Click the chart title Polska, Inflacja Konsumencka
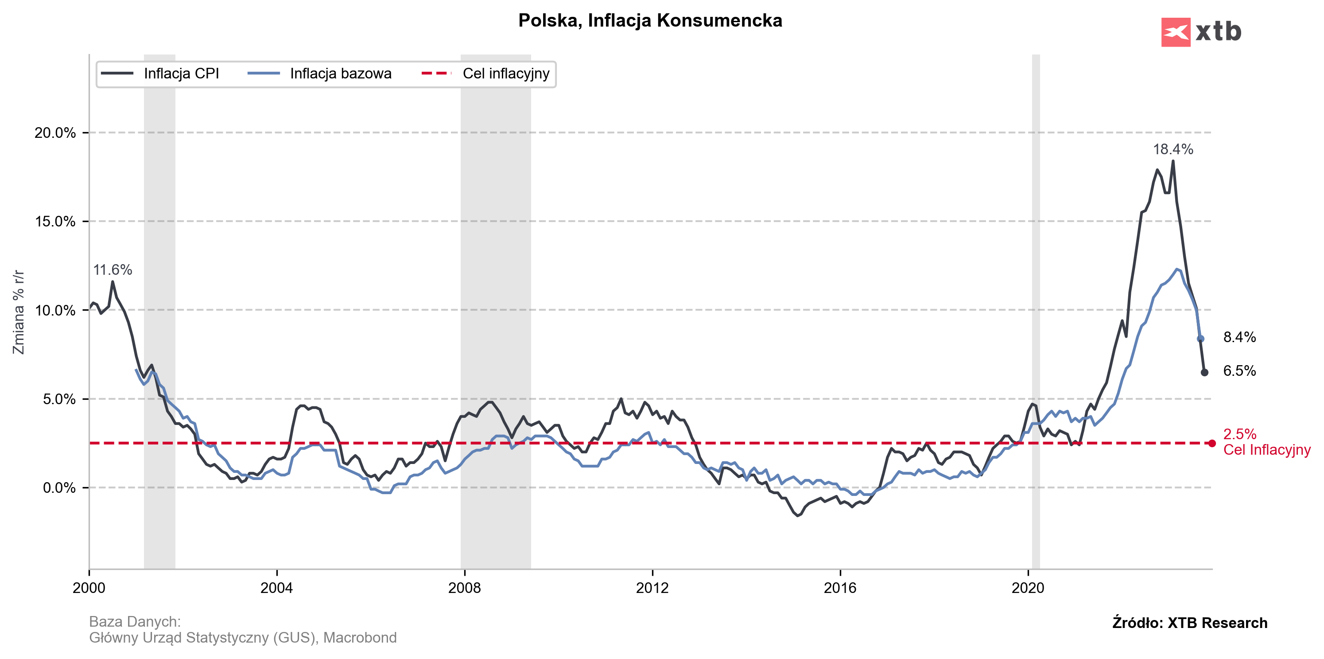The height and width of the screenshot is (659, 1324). click(650, 20)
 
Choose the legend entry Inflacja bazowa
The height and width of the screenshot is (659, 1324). click(340, 74)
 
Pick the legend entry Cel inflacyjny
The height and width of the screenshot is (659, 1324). click(506, 74)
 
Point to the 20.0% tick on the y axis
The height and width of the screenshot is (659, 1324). click(55, 133)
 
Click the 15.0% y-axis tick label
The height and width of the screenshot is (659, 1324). click(55, 222)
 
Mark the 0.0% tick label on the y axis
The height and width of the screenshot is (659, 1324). click(58, 488)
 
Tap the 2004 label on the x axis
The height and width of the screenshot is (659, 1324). click(276, 588)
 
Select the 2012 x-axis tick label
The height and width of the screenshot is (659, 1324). click(652, 588)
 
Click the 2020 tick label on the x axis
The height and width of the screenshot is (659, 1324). click(1028, 588)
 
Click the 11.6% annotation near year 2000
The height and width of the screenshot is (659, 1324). click(113, 270)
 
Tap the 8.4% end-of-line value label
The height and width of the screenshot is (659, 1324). click(1239, 337)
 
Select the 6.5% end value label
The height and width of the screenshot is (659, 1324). click(1239, 370)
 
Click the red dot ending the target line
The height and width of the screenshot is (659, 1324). click(1212, 443)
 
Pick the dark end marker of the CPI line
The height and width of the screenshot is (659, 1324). click(1204, 372)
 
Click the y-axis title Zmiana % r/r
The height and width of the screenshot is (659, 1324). click(19, 312)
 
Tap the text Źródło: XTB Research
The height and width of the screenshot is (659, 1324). click(1189, 623)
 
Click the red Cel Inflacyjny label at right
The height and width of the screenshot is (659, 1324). click(1266, 450)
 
